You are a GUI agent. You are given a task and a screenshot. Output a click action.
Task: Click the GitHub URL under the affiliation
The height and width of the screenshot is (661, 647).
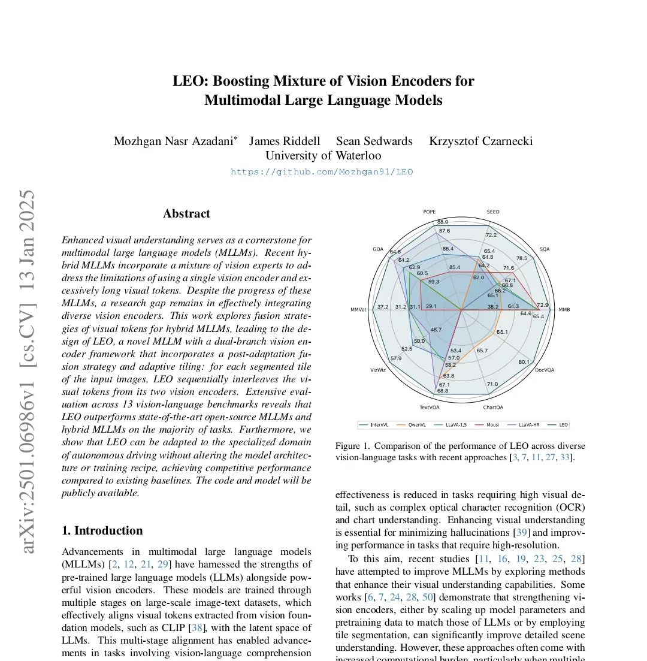point(322,172)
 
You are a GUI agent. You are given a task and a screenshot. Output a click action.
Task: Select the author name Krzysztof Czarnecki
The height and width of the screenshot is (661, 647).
point(480,141)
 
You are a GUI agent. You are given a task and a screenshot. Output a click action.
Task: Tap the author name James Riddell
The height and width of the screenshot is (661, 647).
point(285,141)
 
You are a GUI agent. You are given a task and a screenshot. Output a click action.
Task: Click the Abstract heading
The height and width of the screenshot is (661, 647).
point(186,214)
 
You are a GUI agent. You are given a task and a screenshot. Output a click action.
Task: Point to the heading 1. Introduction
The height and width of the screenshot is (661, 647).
point(102,530)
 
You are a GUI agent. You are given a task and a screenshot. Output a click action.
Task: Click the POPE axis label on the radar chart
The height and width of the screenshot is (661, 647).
point(430,212)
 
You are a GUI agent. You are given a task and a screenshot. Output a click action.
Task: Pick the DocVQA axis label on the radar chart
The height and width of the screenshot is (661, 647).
point(545,370)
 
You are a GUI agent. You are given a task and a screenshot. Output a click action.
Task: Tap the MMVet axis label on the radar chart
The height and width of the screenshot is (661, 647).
point(358,309)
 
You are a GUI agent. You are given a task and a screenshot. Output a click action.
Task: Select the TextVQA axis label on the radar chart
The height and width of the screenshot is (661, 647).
point(430,408)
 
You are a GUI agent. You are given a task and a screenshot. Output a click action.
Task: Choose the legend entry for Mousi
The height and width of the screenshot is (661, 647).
point(492,425)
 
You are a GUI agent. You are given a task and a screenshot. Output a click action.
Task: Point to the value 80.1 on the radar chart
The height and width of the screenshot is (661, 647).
point(524,361)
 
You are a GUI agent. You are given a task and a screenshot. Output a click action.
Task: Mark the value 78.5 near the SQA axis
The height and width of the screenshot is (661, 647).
point(522,258)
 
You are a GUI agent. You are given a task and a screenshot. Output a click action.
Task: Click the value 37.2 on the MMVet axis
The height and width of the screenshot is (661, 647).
point(383,307)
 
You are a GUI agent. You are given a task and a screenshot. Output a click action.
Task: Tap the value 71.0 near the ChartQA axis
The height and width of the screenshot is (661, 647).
point(492,384)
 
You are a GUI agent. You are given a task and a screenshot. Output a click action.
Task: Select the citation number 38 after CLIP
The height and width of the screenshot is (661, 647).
point(195,628)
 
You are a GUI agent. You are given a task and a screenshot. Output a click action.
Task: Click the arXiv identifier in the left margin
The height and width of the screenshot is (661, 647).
point(28,372)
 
